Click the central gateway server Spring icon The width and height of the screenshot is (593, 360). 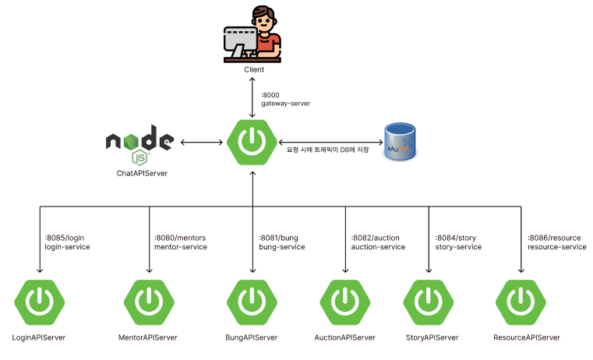[x=252, y=142]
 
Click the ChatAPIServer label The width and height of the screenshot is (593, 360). [x=139, y=174]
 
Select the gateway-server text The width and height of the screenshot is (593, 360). [x=285, y=103]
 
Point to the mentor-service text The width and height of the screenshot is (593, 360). [x=179, y=247]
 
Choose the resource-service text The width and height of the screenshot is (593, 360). [x=556, y=247]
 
